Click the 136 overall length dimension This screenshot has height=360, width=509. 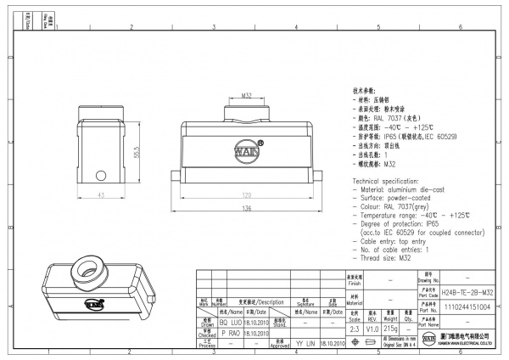(x=247, y=208)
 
